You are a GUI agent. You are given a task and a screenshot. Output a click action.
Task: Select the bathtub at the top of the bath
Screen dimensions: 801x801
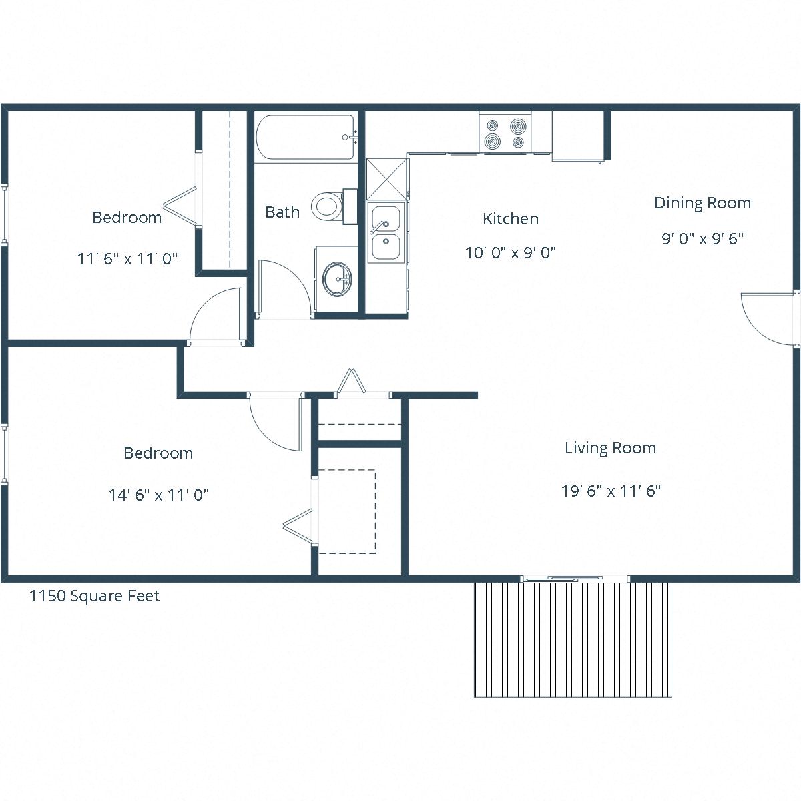[x=304, y=138]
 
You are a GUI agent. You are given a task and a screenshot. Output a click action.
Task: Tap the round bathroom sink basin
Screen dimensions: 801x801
[x=336, y=278]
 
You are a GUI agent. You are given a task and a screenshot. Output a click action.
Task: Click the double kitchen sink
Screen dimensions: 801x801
[x=386, y=232]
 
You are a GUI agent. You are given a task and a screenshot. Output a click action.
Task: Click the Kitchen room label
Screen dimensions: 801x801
[x=511, y=219]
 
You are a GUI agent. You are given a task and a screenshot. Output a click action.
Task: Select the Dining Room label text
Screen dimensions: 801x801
[x=702, y=203]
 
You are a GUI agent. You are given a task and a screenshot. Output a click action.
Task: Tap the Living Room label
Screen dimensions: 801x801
[x=610, y=448]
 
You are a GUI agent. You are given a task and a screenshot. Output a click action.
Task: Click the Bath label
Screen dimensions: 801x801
[x=282, y=212]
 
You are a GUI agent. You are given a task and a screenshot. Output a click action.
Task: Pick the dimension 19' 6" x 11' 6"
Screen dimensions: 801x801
[x=611, y=491]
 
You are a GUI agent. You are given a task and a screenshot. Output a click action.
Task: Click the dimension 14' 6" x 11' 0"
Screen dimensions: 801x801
[x=159, y=495]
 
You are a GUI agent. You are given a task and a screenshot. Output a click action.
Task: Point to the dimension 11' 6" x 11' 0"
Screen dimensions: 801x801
[x=127, y=258]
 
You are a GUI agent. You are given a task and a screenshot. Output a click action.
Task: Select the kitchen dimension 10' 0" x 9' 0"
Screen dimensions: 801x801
[x=511, y=253]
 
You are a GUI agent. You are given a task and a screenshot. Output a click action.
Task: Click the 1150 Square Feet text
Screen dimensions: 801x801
[x=94, y=596]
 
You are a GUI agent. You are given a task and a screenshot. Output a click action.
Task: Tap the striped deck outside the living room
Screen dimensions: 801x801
[x=573, y=639]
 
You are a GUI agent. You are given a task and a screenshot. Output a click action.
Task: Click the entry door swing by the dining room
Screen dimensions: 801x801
[x=768, y=319]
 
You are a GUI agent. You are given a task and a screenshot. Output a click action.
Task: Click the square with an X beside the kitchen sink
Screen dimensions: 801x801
[x=386, y=179]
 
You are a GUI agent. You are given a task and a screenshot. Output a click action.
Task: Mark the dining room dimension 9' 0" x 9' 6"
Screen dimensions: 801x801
[x=702, y=238]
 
